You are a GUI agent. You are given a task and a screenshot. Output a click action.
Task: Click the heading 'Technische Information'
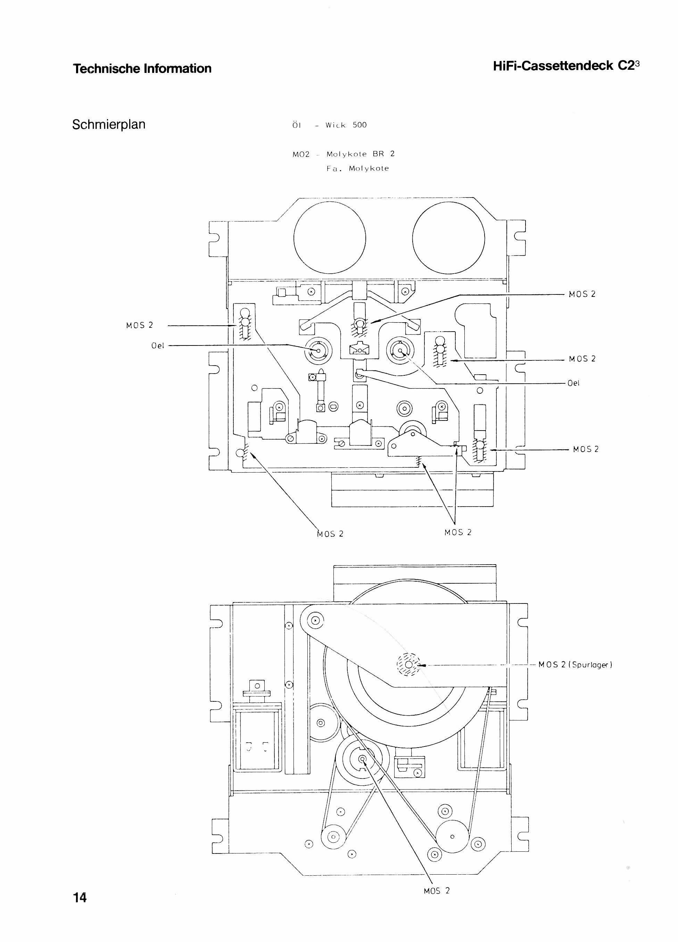[x=142, y=68]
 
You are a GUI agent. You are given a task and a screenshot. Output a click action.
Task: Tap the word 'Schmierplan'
[x=109, y=125]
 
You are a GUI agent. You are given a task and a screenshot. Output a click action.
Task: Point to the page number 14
[x=80, y=897]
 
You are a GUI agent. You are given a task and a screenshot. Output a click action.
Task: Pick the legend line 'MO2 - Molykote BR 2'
[x=344, y=154]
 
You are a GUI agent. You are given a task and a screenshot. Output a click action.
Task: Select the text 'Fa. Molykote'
[x=358, y=168]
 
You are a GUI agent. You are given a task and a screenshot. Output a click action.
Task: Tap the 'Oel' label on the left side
[x=158, y=345]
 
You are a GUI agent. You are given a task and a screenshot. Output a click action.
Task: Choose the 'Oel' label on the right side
[x=573, y=383]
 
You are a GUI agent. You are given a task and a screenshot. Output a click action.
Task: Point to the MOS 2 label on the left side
[x=140, y=325]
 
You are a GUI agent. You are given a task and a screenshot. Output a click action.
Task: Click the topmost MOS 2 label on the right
[x=582, y=294]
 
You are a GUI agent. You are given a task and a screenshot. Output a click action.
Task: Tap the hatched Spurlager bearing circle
[x=409, y=665]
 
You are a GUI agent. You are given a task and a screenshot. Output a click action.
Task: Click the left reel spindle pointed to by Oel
[x=319, y=351]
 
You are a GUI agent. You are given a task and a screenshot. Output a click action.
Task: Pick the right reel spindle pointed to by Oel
[x=400, y=351]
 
